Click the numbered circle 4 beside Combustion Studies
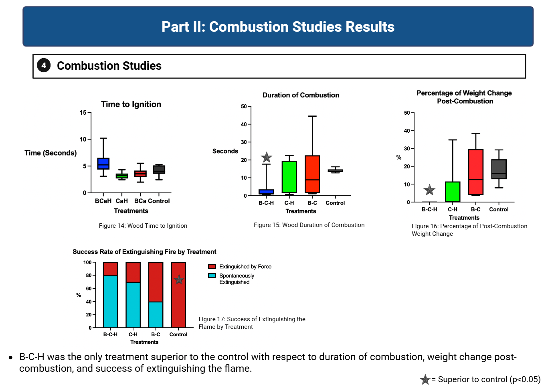click(x=44, y=65)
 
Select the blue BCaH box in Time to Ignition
click(x=103, y=163)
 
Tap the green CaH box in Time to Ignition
click(x=122, y=176)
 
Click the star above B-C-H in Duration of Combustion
click(x=267, y=157)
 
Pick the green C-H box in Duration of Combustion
click(x=289, y=177)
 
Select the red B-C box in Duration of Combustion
click(x=312, y=174)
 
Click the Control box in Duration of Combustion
click(x=336, y=170)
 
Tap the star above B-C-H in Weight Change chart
click(x=429, y=190)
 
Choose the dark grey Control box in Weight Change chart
click(x=499, y=169)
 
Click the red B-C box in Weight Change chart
click(x=475, y=172)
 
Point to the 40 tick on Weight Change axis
click(x=412, y=131)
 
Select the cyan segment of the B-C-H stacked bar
click(x=110, y=302)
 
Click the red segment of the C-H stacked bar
click(x=133, y=272)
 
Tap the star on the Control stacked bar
click(x=179, y=280)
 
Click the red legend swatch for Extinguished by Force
click(x=212, y=266)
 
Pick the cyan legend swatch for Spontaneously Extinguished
click(x=212, y=276)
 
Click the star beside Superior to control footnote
click(x=425, y=379)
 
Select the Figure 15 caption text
click(x=309, y=225)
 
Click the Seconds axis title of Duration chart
click(x=225, y=151)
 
